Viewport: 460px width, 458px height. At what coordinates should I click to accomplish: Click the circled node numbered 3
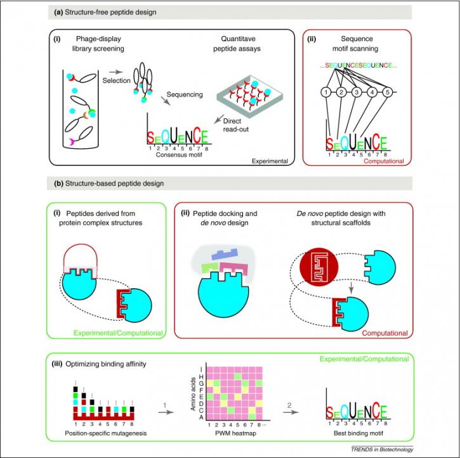coord(357,92)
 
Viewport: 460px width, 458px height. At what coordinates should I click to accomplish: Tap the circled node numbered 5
coord(387,92)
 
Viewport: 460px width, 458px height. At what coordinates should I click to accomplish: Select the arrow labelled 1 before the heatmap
coord(166,412)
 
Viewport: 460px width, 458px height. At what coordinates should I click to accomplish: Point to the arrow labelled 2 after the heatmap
coord(291,412)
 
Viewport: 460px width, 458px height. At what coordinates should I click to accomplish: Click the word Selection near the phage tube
coord(117,80)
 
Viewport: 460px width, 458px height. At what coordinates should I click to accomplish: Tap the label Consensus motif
coord(179,155)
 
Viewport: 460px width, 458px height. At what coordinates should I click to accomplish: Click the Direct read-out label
coord(236,125)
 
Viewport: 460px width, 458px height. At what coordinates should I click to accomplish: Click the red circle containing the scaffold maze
coord(319,267)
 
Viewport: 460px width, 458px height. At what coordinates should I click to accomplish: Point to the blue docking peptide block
coord(225,255)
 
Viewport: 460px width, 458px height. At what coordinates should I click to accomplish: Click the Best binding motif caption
coord(358,433)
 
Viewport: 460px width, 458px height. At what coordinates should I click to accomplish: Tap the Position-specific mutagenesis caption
coord(105,433)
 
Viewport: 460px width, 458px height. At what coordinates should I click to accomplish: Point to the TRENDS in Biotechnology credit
coord(382,449)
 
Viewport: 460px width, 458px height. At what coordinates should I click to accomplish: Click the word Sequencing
coord(185,94)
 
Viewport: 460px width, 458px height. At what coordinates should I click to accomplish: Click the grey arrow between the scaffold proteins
coord(351,288)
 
